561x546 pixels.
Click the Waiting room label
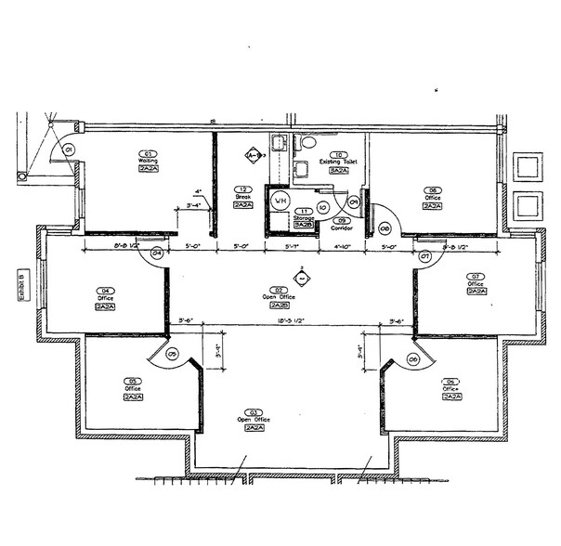tap(148, 161)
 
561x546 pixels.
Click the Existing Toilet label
tap(339, 162)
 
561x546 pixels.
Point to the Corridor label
tap(341, 227)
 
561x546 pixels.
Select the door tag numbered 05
tap(172, 353)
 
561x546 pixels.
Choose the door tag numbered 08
tap(385, 227)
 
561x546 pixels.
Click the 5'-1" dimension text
tap(293, 247)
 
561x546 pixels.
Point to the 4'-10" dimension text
tap(345, 247)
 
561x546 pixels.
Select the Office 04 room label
tap(104, 298)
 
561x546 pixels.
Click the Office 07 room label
tap(476, 283)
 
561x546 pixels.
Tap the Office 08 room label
tap(433, 198)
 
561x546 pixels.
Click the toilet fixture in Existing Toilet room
tap(307, 144)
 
